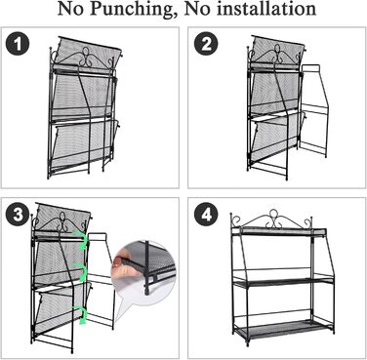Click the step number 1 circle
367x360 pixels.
18,44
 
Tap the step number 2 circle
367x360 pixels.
206,44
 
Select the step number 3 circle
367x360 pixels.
18,215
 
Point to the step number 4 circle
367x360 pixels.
206,215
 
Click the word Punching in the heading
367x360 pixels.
132,9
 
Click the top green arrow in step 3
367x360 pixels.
81,240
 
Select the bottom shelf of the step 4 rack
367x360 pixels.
282,330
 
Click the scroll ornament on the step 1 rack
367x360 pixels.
85,57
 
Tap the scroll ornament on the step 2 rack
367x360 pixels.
277,54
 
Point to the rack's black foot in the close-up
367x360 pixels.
148,291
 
